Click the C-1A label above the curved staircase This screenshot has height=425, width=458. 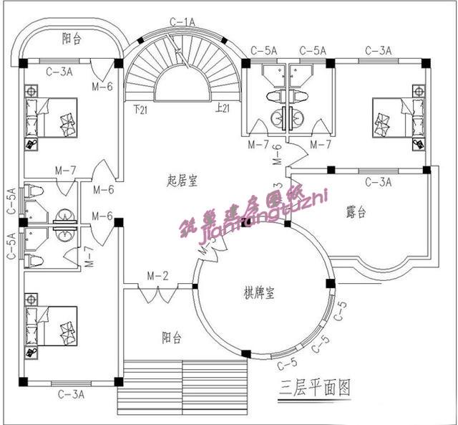click(x=182, y=22)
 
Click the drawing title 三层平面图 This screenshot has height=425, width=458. click(x=315, y=388)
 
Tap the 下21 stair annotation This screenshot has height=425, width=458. click(x=140, y=109)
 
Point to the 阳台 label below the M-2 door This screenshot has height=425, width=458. click(x=171, y=338)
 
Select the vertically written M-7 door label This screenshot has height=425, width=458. click(x=89, y=257)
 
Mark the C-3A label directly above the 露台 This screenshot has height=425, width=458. click(x=378, y=182)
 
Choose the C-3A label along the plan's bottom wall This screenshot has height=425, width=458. click(x=71, y=393)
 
